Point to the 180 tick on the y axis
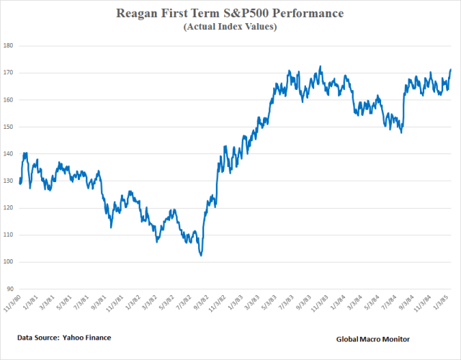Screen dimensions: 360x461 click(x=9, y=46)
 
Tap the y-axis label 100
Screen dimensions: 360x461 click(x=9, y=262)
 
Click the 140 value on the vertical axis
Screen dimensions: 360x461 click(x=9, y=154)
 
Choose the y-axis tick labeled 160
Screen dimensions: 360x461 click(x=9, y=100)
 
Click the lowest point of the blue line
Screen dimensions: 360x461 click(x=201, y=255)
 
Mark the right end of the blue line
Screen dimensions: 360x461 click(x=451, y=70)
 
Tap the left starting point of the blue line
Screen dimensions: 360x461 click(x=20, y=183)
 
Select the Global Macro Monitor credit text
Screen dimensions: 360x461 click(x=373, y=338)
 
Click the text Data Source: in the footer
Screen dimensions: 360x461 click(x=38, y=337)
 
